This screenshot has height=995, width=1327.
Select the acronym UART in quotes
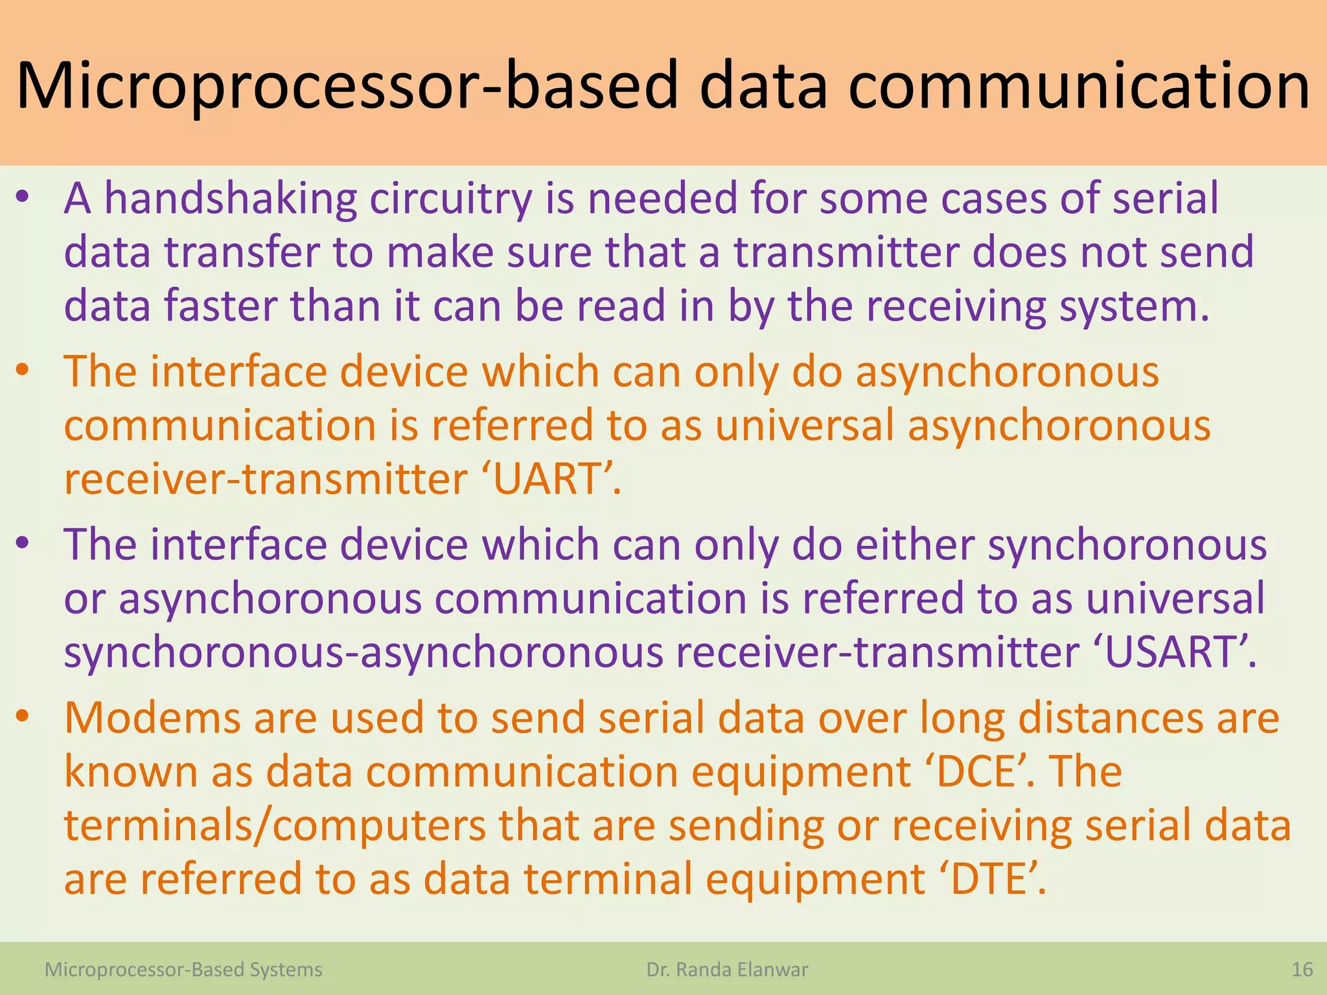548,479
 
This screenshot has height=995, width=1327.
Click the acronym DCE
976,772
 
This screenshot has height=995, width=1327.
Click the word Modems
152,718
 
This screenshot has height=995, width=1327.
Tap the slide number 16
1302,969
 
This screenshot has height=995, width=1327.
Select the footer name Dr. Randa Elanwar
727,969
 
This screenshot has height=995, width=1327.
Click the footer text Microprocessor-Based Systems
183,969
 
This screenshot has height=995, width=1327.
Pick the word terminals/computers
275,825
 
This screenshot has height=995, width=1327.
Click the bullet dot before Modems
23,715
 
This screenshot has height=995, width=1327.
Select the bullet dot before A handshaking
23,196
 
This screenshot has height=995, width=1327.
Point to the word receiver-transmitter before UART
266,479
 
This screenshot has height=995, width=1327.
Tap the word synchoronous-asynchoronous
363,652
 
